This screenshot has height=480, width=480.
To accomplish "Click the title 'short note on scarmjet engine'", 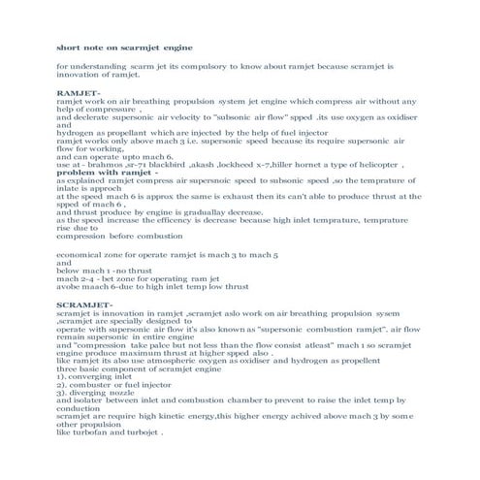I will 124,46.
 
